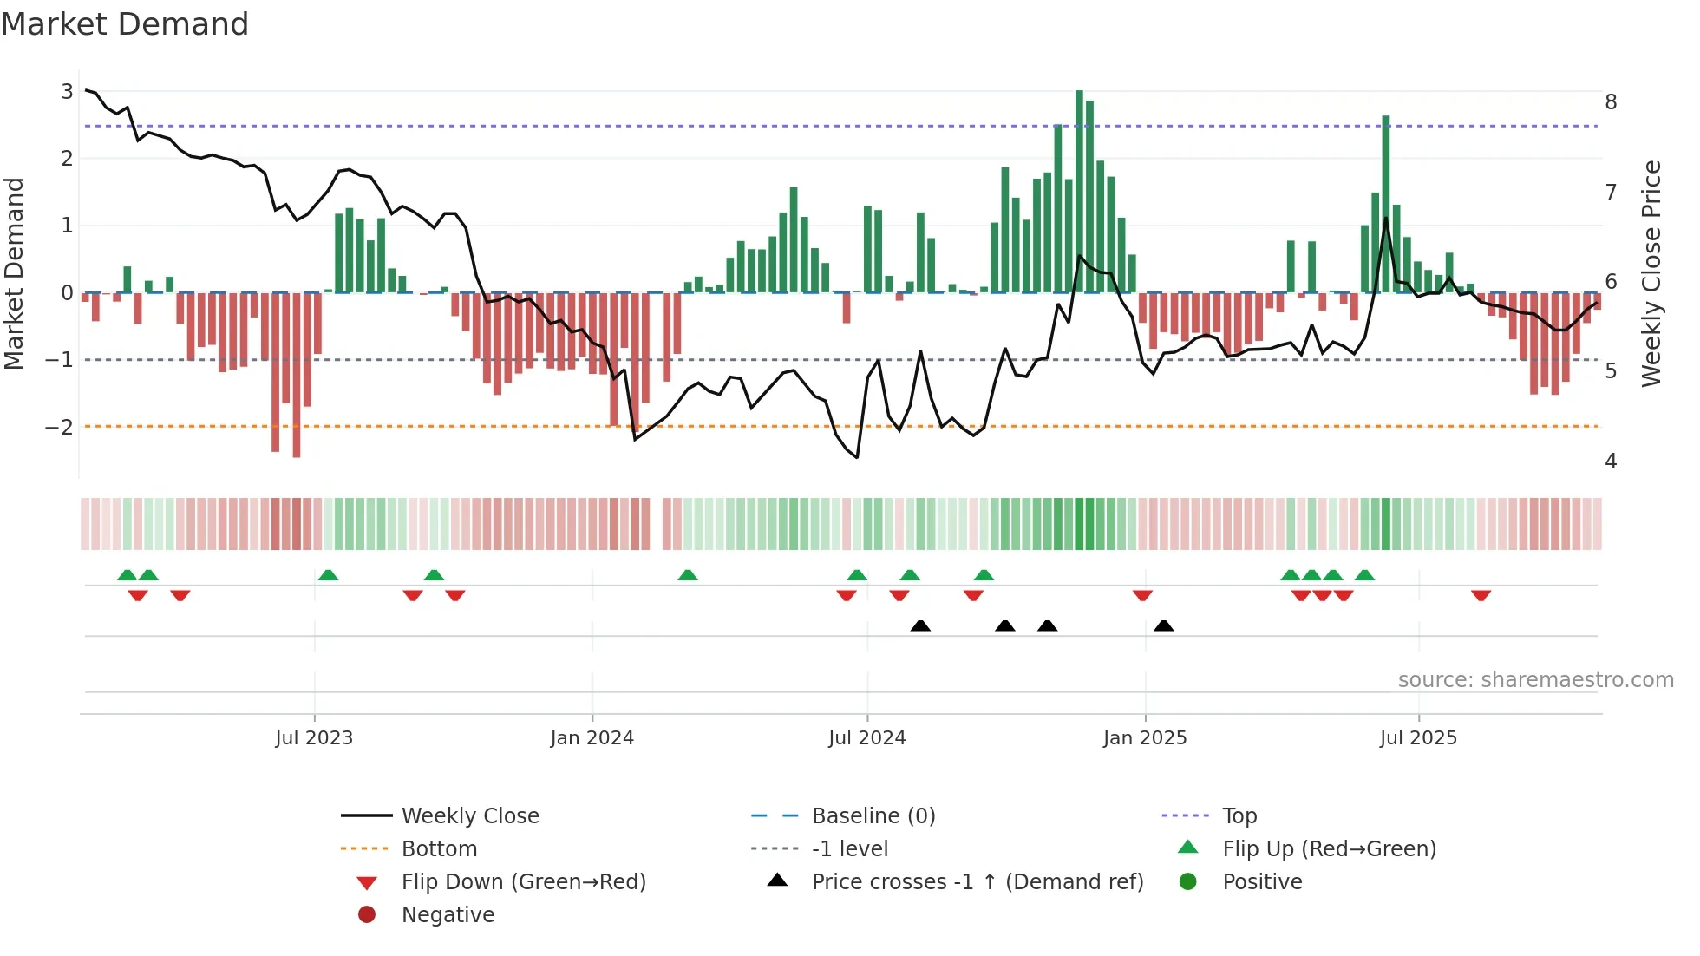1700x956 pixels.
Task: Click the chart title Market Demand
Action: (x=125, y=24)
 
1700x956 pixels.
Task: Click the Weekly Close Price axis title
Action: (x=1651, y=273)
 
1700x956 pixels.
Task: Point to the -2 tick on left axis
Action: (x=59, y=427)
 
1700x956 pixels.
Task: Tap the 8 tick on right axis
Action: (x=1611, y=102)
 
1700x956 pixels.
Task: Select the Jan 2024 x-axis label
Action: (x=592, y=738)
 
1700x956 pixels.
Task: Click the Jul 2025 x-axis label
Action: (x=1418, y=738)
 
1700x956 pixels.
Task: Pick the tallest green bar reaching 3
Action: (x=1079, y=191)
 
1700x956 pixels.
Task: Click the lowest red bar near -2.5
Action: (x=297, y=375)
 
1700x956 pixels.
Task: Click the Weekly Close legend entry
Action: (x=469, y=816)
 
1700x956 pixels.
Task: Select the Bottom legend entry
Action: (x=439, y=849)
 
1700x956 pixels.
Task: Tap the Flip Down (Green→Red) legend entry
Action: (x=523, y=882)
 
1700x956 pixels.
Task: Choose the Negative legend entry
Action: (x=448, y=915)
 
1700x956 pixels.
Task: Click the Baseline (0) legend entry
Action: (x=873, y=816)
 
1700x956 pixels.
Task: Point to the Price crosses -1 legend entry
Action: (x=977, y=882)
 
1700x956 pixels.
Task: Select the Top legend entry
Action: (x=1239, y=816)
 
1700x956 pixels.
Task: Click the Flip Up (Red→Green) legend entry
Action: (x=1329, y=849)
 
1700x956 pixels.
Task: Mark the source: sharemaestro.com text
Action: (x=1535, y=680)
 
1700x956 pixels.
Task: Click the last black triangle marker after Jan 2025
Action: (x=1164, y=626)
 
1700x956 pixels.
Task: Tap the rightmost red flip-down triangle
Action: (x=1481, y=595)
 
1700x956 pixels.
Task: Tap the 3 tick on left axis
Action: (x=67, y=92)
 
